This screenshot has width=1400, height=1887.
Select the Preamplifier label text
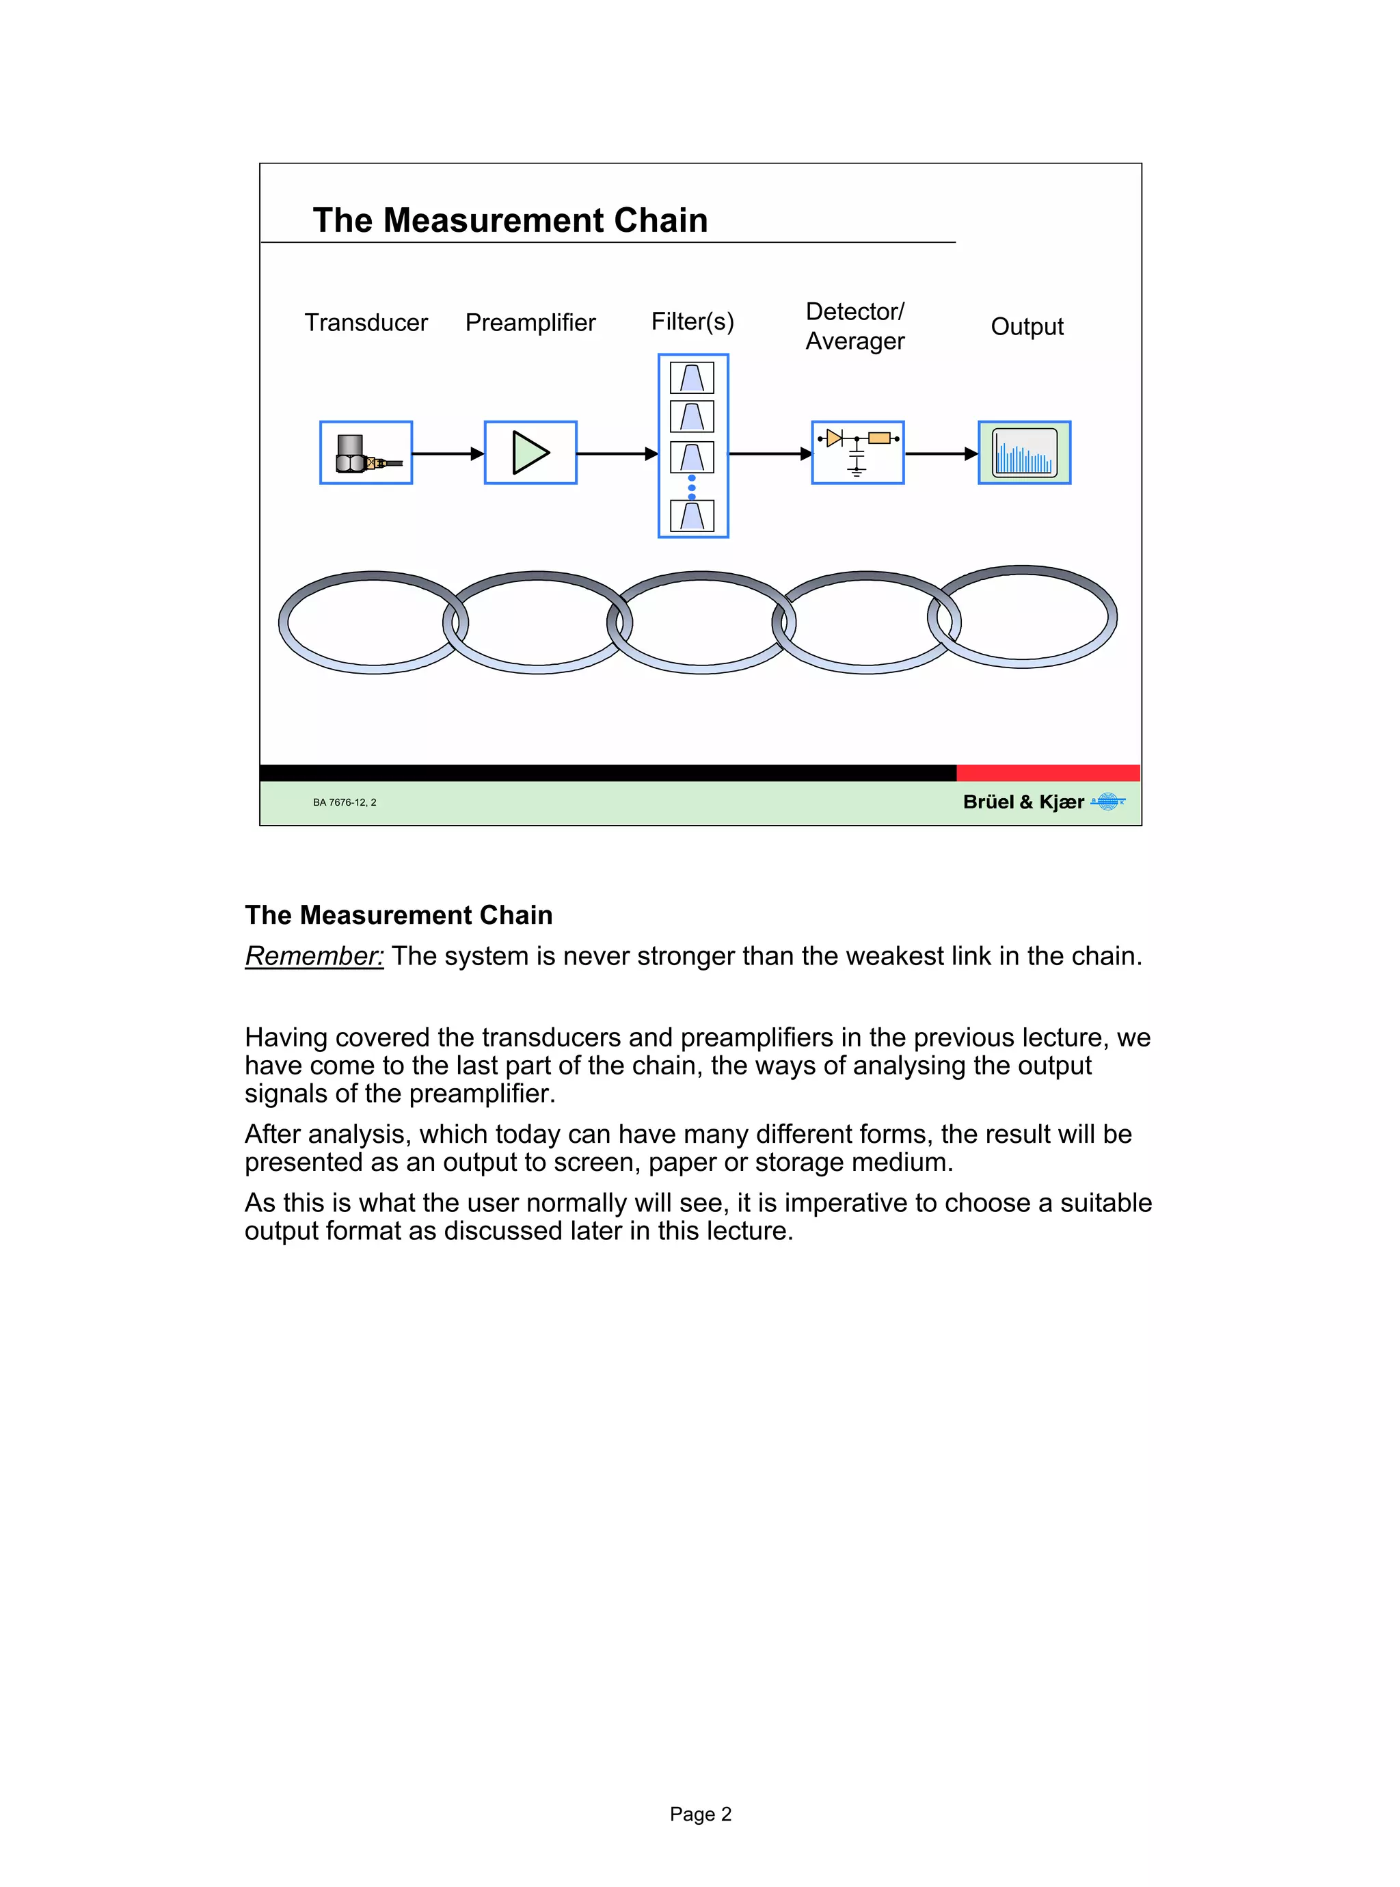pos(530,323)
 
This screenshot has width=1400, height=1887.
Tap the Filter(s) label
pos(692,322)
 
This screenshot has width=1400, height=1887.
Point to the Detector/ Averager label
pos(854,326)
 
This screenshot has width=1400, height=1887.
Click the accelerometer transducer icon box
pos(366,453)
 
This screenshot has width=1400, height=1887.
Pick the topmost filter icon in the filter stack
pos(692,378)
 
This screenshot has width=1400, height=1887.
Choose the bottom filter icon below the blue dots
pos(692,516)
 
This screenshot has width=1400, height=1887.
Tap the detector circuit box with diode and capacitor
pos(858,453)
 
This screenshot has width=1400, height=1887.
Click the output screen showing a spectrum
pos(1025,453)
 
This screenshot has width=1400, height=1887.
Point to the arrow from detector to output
pos(941,453)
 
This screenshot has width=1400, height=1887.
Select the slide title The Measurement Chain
pos(510,220)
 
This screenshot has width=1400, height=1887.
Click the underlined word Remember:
pos(314,956)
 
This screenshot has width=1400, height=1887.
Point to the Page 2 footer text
pos(700,1814)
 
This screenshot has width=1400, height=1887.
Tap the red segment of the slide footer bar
pos(1047,772)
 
